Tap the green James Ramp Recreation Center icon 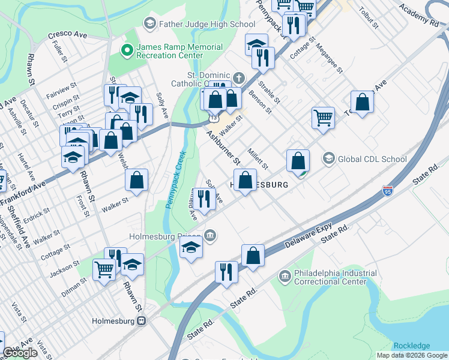tap(127, 50)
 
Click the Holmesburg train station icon tap(142, 321)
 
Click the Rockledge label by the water tap(411, 346)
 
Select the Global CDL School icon tap(328, 159)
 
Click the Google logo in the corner tap(20, 353)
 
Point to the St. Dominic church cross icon tap(239, 77)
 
